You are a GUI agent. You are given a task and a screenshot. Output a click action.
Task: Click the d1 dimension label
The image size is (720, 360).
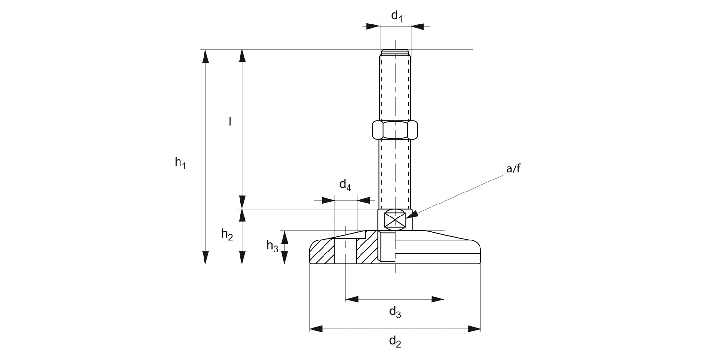[x=396, y=16]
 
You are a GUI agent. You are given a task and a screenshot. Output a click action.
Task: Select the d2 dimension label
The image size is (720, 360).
[x=395, y=342]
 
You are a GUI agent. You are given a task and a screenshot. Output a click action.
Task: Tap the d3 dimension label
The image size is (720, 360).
[x=395, y=312]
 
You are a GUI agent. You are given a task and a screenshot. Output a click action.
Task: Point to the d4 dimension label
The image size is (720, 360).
[x=346, y=185]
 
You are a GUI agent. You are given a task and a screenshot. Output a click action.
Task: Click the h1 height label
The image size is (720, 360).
[x=180, y=163]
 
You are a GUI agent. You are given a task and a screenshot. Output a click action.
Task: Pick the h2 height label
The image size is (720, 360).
[x=227, y=235]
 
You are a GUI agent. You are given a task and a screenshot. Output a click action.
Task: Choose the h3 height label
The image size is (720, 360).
[x=272, y=246]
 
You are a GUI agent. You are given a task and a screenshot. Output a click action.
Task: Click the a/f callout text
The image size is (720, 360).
[x=513, y=169]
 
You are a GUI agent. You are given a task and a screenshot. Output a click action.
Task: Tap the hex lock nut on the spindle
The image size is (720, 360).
[x=395, y=130]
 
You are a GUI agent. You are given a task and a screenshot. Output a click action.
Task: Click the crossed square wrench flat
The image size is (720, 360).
[x=395, y=220]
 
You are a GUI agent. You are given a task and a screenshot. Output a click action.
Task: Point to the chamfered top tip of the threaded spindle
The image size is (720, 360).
[x=395, y=52]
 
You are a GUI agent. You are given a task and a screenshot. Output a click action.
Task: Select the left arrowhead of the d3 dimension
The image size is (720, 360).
[x=352, y=300]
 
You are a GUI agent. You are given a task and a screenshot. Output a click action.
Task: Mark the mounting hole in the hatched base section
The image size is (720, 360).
[x=345, y=251]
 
